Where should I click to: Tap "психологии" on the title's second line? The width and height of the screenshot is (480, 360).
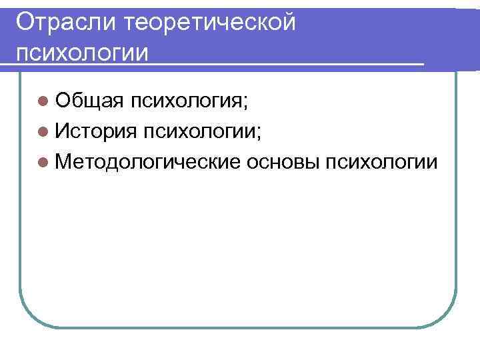pyautogui.click(x=82, y=51)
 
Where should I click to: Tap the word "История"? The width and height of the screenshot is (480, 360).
pyautogui.click(x=95, y=131)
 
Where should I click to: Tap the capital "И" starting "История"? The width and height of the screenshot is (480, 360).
pyautogui.click(x=64, y=131)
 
